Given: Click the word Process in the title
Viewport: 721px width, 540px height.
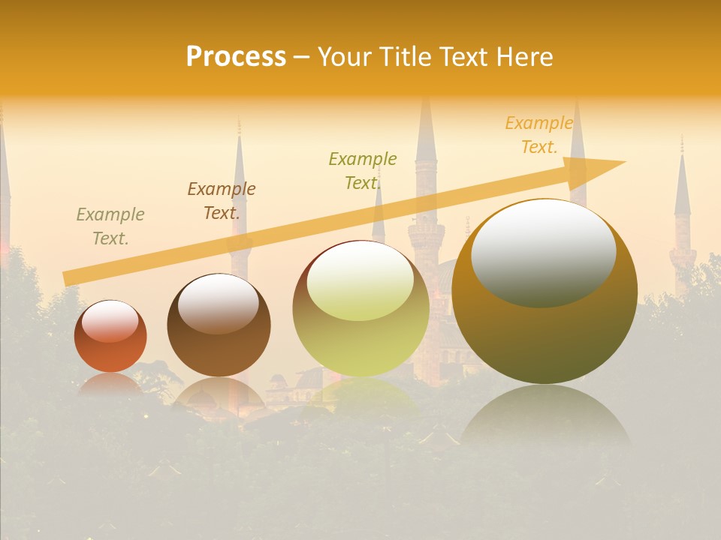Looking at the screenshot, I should [236, 57].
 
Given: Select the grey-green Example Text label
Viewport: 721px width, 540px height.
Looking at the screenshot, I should [110, 226].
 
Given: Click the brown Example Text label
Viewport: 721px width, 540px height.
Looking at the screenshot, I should [222, 201].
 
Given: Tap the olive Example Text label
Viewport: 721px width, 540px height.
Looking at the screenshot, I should [363, 171].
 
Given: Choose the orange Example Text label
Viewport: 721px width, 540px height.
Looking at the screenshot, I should [539, 135].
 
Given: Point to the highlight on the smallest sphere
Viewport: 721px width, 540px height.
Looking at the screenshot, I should [110, 321].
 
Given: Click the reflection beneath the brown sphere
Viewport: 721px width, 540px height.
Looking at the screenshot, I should [218, 394].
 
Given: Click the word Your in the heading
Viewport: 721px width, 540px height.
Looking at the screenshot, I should [343, 57].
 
